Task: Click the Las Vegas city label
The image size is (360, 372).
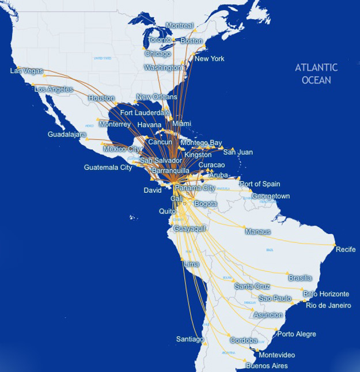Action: pyautogui.click(x=27, y=71)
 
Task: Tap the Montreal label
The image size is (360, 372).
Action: pyautogui.click(x=180, y=26)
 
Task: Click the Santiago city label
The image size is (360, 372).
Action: pyautogui.click(x=191, y=339)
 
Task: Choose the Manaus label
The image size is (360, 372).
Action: pyautogui.click(x=257, y=232)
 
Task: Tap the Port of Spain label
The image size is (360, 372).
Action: pyautogui.click(x=260, y=184)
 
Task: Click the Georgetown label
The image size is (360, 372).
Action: pyautogui.click(x=270, y=196)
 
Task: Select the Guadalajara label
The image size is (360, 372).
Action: pyautogui.click(x=67, y=135)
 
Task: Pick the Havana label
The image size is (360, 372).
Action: pyautogui.click(x=149, y=124)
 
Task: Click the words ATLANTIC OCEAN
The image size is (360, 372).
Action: pyautogui.click(x=317, y=74)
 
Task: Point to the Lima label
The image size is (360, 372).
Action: pyautogui.click(x=191, y=264)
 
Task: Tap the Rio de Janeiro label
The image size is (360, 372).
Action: pyautogui.click(x=328, y=305)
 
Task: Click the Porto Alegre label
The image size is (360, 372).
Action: pyautogui.click(x=296, y=334)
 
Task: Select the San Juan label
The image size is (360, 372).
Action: pyautogui.click(x=238, y=152)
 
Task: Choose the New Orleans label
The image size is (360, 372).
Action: pyautogui.click(x=156, y=97)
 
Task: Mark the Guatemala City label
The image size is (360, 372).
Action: pyautogui.click(x=108, y=168)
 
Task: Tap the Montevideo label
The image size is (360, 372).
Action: pyautogui.click(x=277, y=355)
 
